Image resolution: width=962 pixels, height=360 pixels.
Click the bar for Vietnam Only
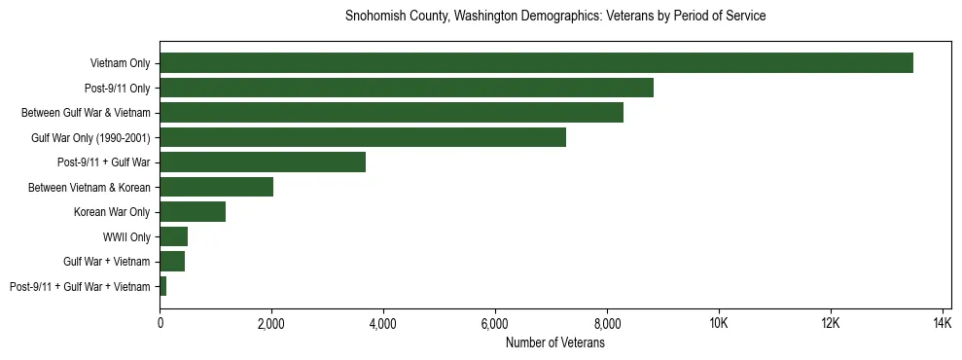(x=536, y=63)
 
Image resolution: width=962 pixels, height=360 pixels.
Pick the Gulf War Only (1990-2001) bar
(x=363, y=137)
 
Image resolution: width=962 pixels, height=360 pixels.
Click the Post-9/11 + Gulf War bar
(x=263, y=162)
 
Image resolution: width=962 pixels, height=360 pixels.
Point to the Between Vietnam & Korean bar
(x=216, y=187)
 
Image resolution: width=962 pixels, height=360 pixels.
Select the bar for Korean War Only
(x=193, y=212)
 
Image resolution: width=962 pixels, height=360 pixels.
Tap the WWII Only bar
(x=173, y=236)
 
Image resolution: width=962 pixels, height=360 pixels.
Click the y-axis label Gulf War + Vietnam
(x=107, y=262)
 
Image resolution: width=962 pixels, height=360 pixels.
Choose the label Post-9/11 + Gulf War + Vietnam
(x=80, y=286)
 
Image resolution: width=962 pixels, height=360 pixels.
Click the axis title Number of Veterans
(x=555, y=342)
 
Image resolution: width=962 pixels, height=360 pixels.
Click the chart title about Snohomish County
(x=555, y=17)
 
